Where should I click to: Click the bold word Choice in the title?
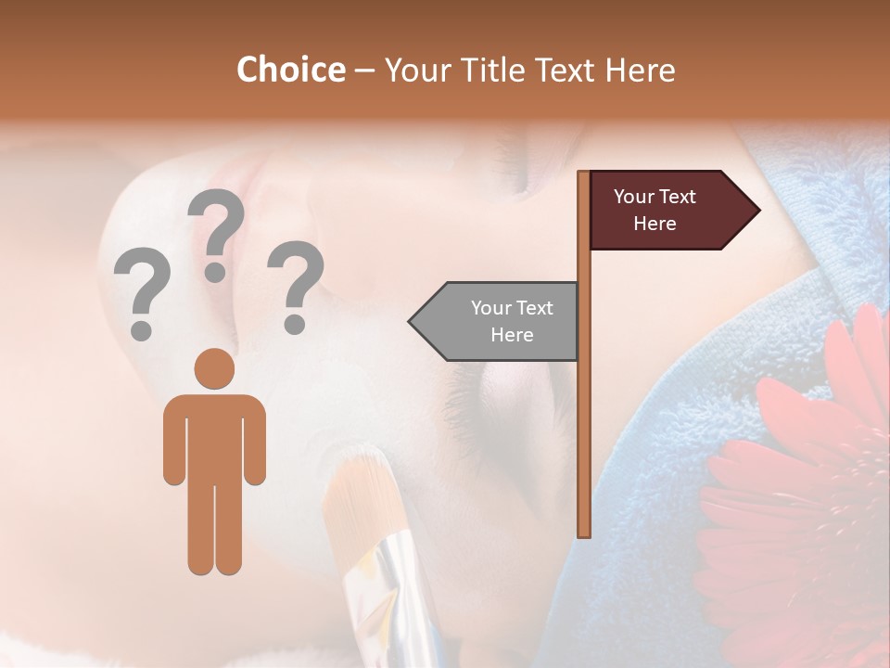point(290,70)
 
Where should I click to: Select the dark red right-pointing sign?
point(667,211)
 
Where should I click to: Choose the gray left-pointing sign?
point(496,321)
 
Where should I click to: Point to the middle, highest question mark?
point(216,232)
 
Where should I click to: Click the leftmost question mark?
point(141,292)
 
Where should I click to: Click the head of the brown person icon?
point(214,368)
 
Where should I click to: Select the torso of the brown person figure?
point(214,436)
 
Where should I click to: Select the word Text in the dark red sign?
point(678,197)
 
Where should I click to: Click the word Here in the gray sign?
point(512,335)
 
